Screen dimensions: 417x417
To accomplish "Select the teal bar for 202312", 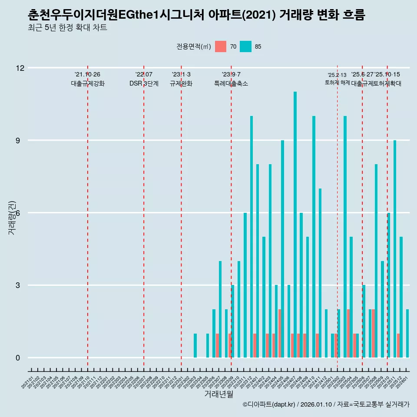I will click(x=251, y=237).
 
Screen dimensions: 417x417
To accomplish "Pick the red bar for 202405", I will click(x=280, y=333).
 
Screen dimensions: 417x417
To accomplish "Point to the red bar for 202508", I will click(x=373, y=333).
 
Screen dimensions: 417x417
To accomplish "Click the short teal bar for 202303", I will click(x=195, y=346).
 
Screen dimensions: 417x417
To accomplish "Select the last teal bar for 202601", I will click(x=407, y=333).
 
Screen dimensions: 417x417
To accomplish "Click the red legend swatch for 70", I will click(x=221, y=46).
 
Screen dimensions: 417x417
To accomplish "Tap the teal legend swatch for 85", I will click(x=245, y=46).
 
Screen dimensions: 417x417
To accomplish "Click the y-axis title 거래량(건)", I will click(x=12, y=218).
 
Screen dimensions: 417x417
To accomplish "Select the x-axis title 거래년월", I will click(x=219, y=394).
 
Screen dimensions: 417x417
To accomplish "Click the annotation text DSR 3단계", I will click(x=144, y=83).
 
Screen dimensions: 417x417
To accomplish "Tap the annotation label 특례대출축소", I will click(x=231, y=83).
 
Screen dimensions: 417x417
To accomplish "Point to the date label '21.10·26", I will click(x=87, y=75).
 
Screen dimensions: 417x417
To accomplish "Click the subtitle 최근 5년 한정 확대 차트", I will click(x=67, y=28).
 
